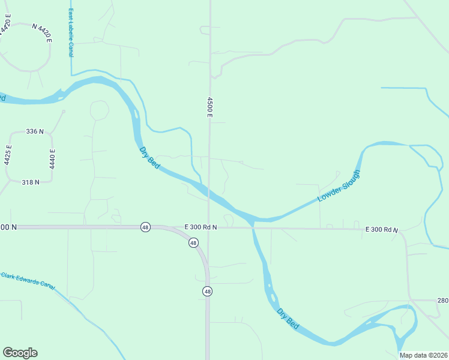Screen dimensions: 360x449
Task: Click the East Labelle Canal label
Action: [x=70, y=34]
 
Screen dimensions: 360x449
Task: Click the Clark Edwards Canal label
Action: [x=28, y=280]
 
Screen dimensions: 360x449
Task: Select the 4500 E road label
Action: [x=210, y=107]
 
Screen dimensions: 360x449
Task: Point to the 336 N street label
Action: [x=35, y=131]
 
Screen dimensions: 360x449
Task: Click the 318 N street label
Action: [x=30, y=182]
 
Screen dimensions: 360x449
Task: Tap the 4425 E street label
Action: [x=8, y=155]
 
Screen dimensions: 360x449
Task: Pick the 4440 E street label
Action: [x=52, y=158]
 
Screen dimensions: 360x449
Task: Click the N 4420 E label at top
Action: [x=42, y=33]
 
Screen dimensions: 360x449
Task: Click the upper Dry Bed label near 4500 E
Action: [x=149, y=158]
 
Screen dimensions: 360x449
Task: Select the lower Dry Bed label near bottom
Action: [x=288, y=318]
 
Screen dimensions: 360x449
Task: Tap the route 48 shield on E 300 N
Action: [x=145, y=227]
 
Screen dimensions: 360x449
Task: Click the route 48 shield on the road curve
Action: [x=193, y=243]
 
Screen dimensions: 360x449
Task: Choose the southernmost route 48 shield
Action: [x=207, y=291]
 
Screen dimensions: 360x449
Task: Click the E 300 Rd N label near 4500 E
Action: [x=200, y=227]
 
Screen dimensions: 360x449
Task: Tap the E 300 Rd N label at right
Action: [x=382, y=230]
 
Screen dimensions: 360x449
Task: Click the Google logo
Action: [x=20, y=353]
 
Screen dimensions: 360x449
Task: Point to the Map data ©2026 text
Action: [x=423, y=355]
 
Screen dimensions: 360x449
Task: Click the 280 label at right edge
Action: [x=442, y=300]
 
